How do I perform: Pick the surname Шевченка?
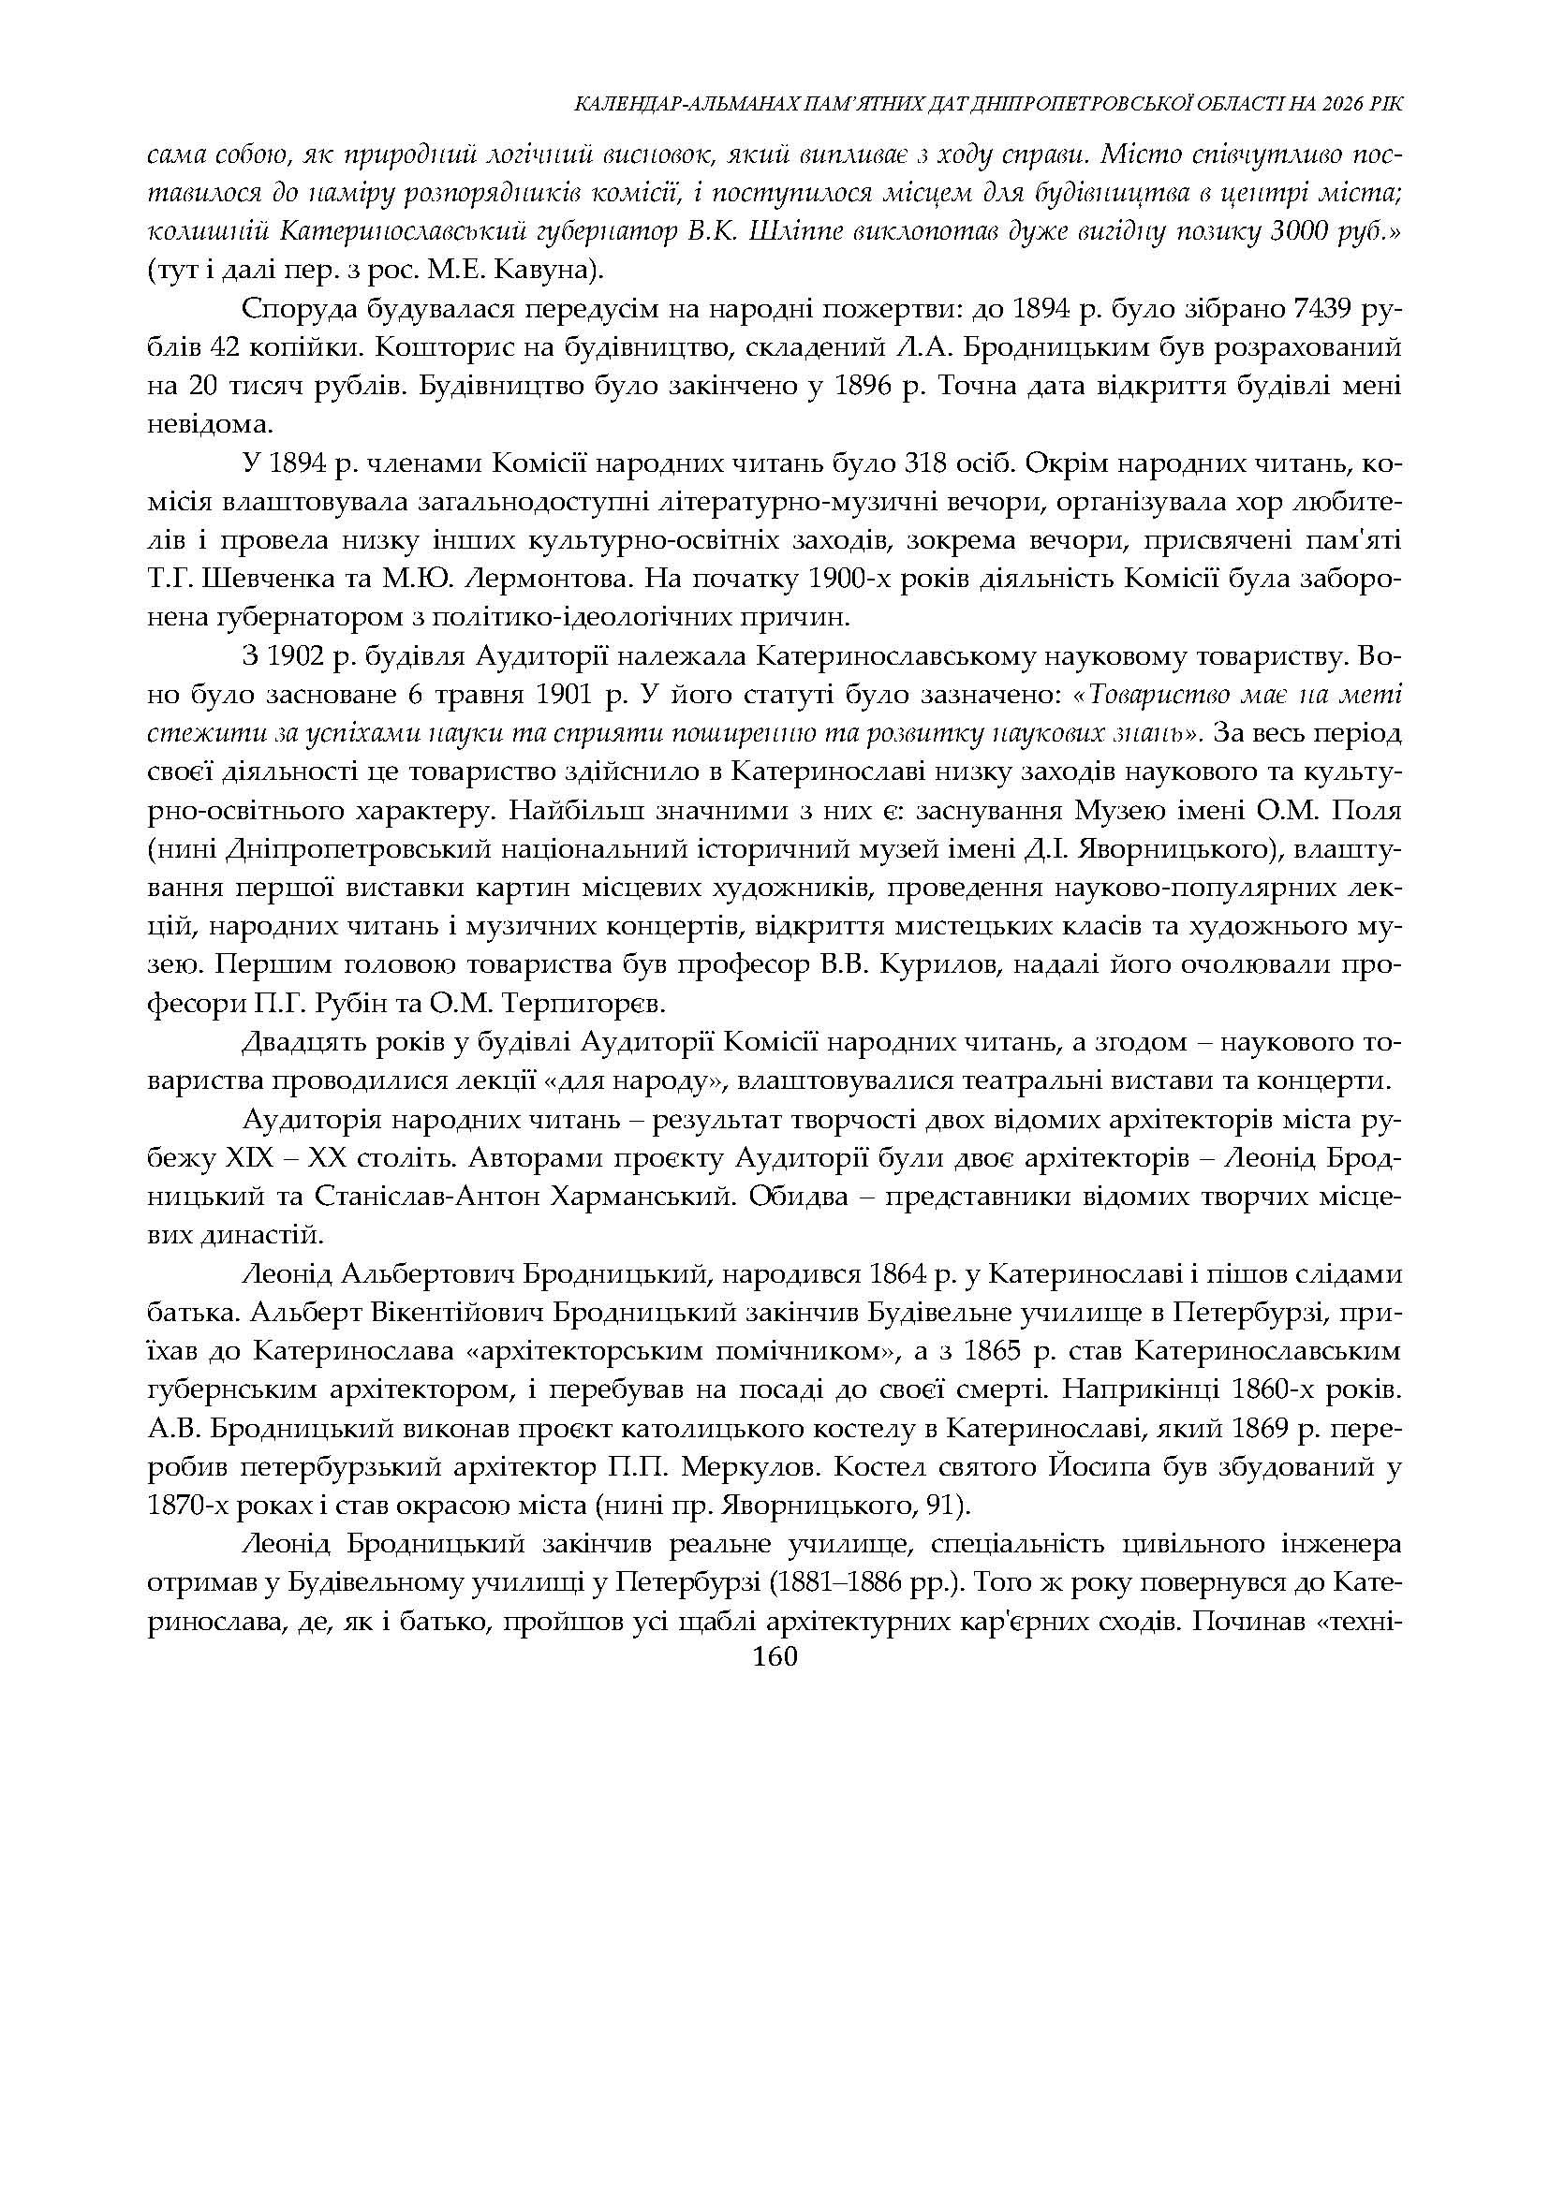tap(232, 580)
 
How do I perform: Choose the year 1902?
tap(293, 656)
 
